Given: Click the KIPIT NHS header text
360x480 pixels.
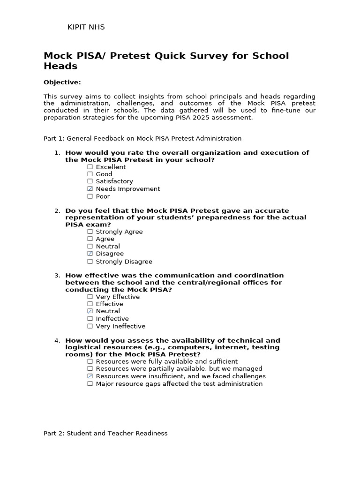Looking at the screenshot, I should click(86, 27).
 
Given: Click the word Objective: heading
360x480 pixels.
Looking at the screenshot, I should click(62, 82).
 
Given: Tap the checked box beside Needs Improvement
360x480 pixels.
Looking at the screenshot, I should click(90, 189).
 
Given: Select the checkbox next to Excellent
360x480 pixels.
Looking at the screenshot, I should click(90, 167).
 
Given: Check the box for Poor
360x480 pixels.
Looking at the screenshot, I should click(90, 196).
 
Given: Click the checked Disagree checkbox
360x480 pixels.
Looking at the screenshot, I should click(90, 254).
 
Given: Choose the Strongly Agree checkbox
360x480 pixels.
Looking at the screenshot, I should click(90, 232).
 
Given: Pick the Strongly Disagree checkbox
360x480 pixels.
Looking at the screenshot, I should click(90, 262).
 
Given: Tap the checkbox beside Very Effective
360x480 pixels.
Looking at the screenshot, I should click(90, 297).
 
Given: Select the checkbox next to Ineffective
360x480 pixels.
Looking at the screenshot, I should click(90, 319).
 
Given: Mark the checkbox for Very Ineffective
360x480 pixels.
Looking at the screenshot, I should click(90, 326).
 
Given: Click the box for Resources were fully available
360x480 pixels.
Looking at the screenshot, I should click(90, 361).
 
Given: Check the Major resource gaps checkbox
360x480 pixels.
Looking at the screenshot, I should click(90, 384).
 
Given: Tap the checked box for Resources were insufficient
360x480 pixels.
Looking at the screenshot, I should click(90, 376).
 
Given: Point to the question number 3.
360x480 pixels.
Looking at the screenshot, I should click(57, 276).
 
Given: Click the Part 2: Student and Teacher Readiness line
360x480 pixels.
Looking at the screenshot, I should click(105, 434).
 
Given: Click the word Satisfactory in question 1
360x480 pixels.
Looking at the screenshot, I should click(114, 181).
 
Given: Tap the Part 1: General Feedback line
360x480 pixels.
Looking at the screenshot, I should click(142, 139).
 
